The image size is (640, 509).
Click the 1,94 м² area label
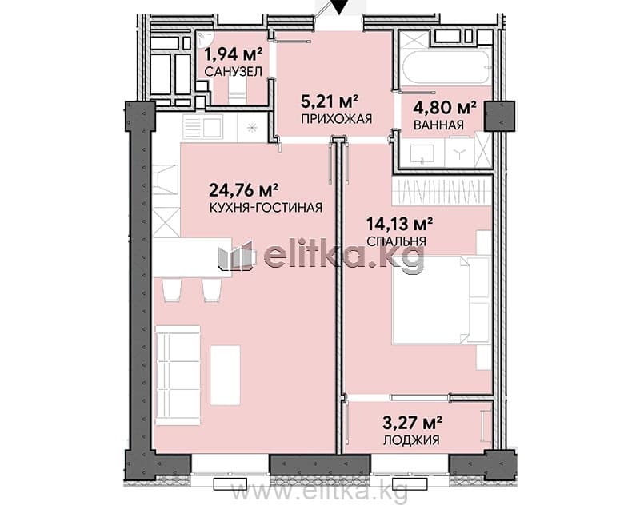[233, 54]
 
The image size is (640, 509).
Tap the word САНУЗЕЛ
[233, 72]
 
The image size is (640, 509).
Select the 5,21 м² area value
[330, 101]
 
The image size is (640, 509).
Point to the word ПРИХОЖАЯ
[337, 118]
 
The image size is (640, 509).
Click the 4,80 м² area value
[445, 107]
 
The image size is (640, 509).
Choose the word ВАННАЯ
[438, 125]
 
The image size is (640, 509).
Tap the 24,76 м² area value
[244, 189]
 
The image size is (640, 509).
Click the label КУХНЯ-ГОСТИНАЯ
[266, 208]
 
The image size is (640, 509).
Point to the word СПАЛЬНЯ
[396, 241]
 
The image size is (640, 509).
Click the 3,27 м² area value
[413, 423]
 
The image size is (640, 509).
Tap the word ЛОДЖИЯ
[411, 440]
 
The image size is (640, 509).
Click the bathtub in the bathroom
[446, 66]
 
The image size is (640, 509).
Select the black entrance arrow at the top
[339, 6]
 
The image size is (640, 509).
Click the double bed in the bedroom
[441, 300]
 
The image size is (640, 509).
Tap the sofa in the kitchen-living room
[178, 376]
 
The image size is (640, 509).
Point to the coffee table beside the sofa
[226, 375]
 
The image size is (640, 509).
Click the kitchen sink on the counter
[203, 128]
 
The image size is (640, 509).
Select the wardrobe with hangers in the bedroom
[442, 190]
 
